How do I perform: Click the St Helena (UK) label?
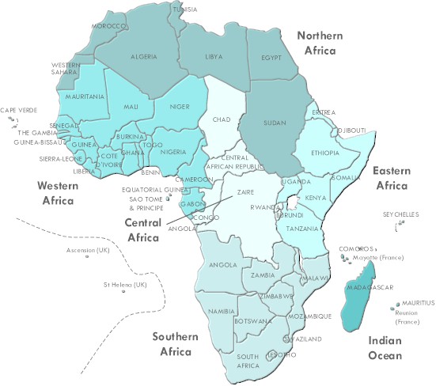[x=125, y=284]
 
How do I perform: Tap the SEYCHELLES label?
[x=399, y=214]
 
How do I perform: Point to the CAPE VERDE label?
[x=18, y=110]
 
